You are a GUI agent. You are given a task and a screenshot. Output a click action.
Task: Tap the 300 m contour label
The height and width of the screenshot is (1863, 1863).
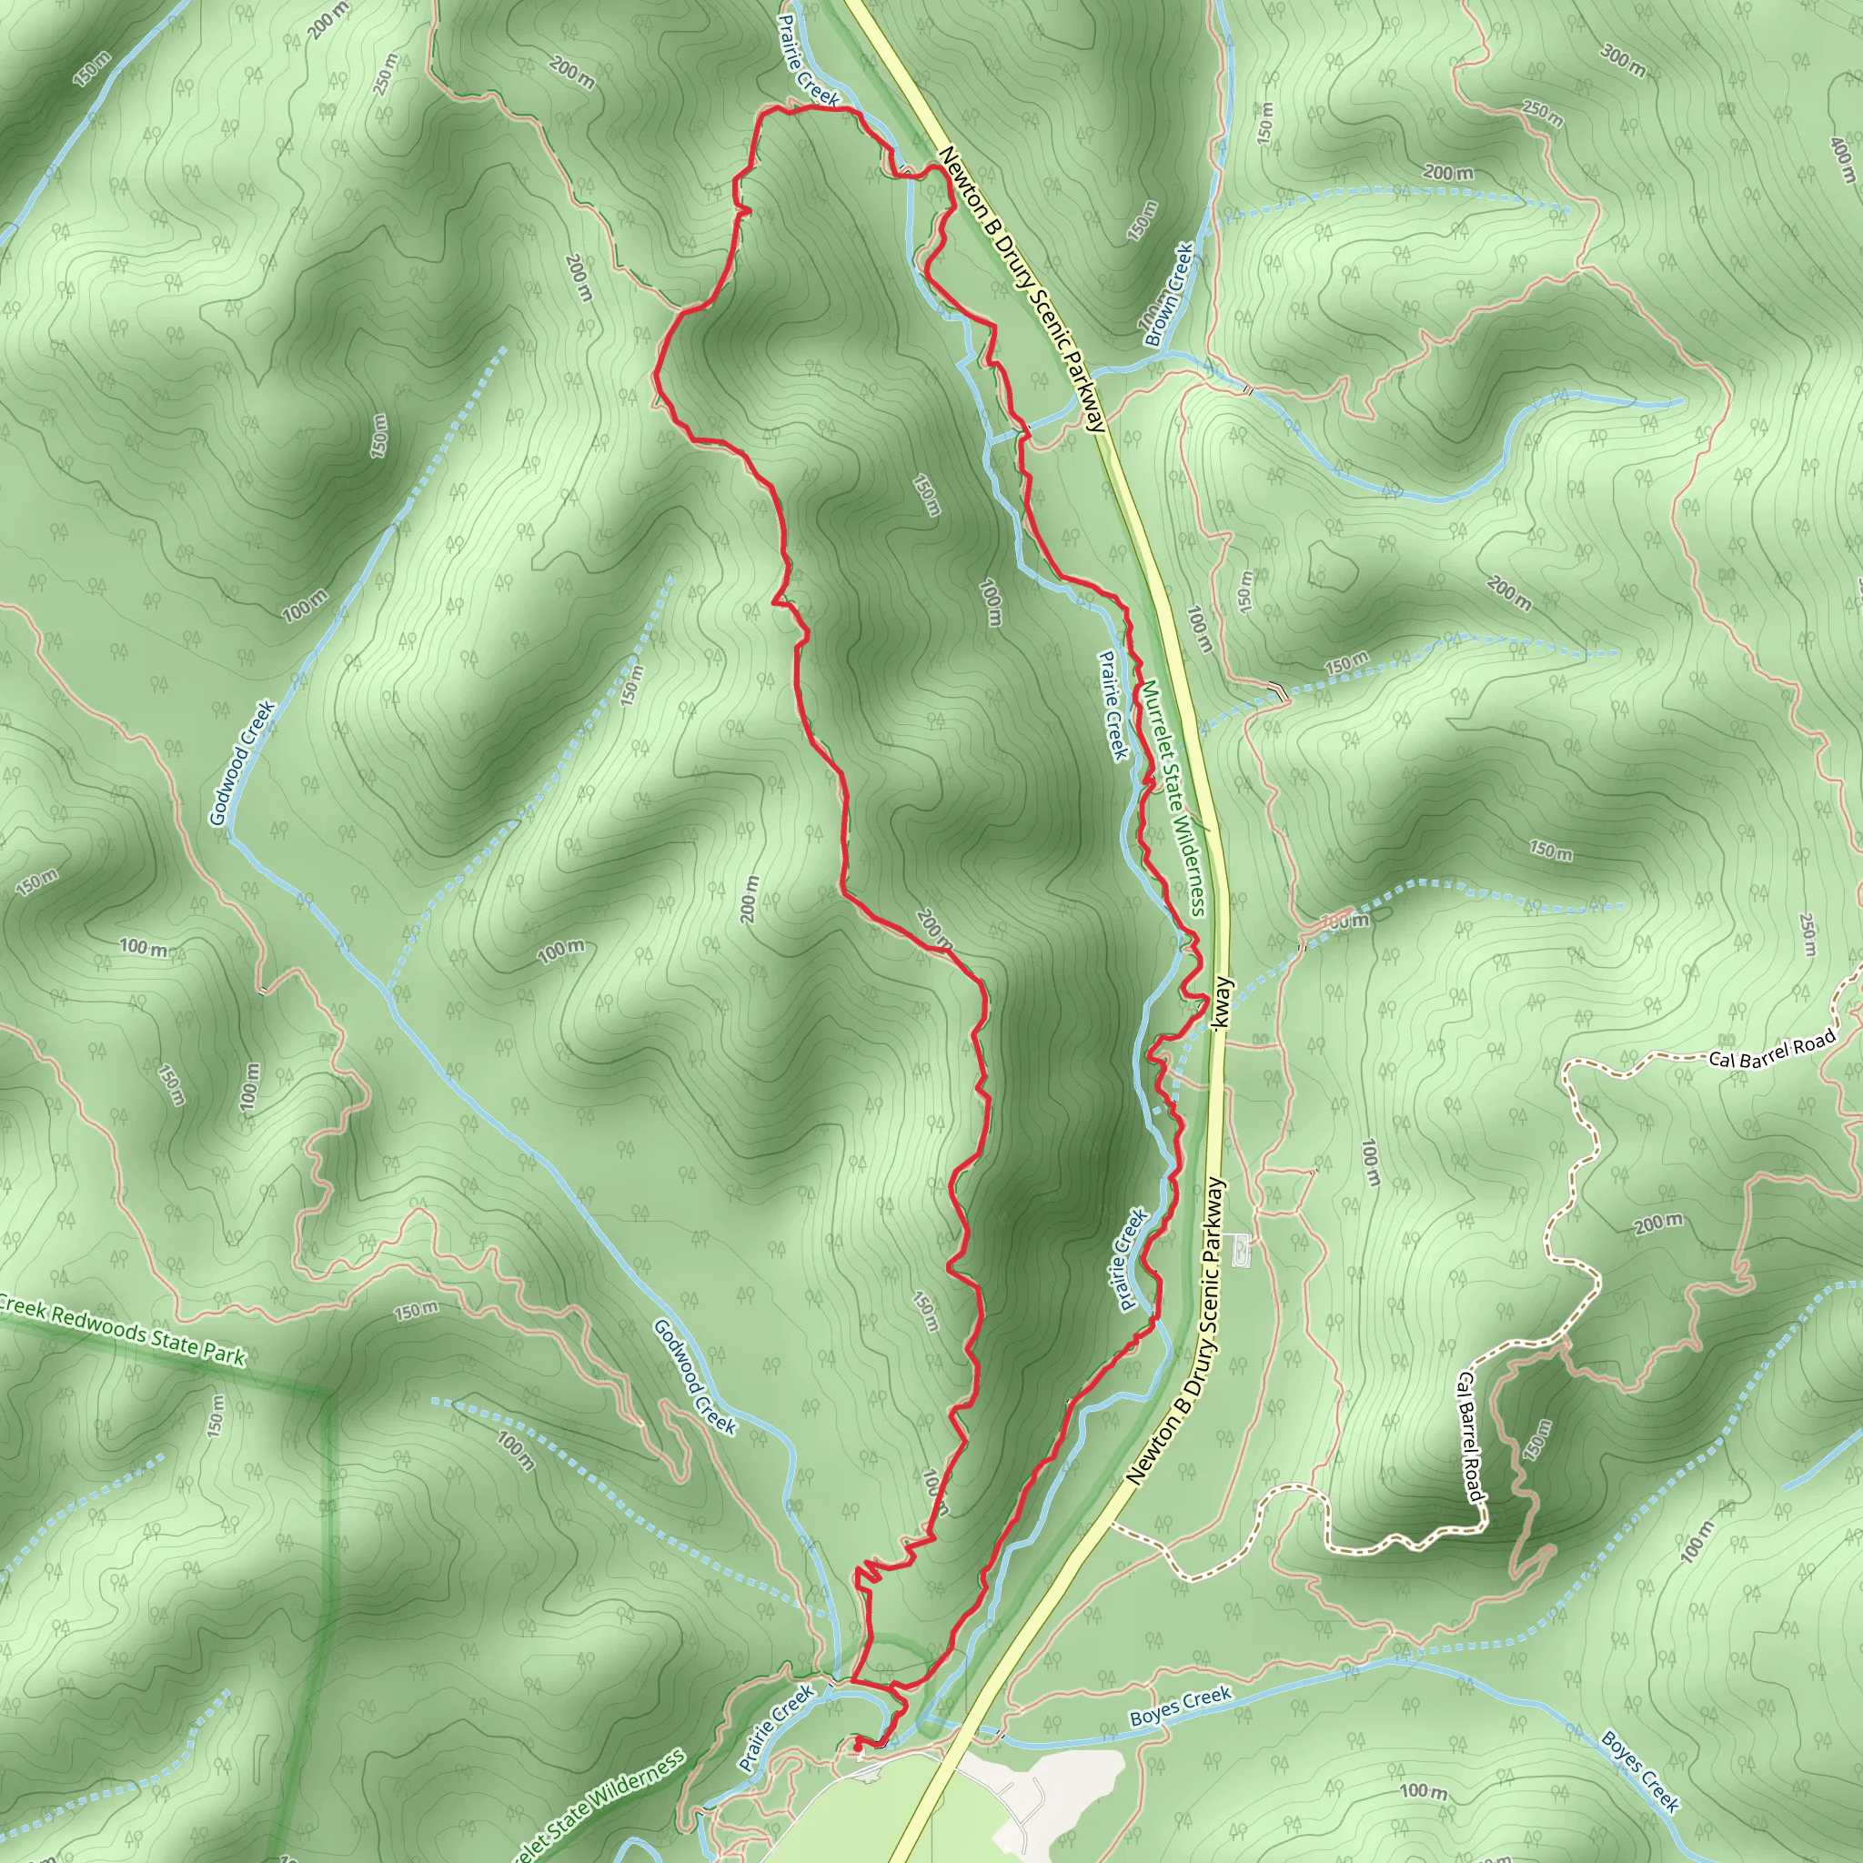(x=1624, y=60)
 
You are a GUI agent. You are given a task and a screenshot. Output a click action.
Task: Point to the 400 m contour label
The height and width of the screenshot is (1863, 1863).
(x=1843, y=159)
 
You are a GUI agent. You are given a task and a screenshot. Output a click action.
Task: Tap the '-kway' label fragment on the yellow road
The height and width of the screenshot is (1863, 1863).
(x=1222, y=1007)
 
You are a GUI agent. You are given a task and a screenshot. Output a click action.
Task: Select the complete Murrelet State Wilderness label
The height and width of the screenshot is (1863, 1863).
(x=1173, y=800)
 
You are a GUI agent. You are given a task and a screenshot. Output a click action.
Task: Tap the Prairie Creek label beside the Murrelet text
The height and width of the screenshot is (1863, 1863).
(x=1114, y=705)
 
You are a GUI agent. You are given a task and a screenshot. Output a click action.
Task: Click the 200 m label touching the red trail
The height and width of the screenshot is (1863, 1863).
(x=933, y=928)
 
